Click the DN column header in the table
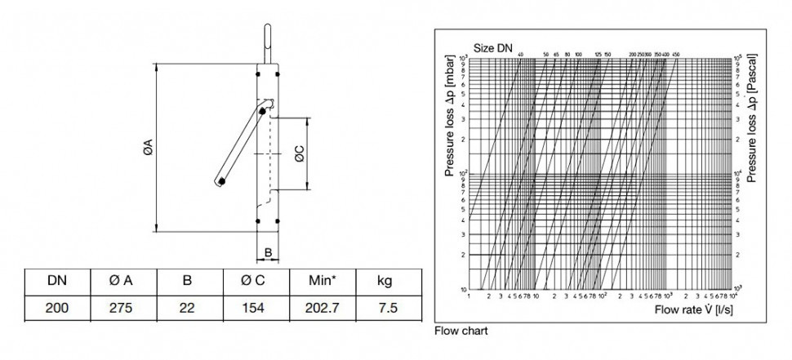pyautogui.click(x=57, y=281)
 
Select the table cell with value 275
pyautogui.click(x=122, y=308)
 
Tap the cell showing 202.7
pyautogui.click(x=321, y=308)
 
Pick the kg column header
pyautogui.click(x=385, y=281)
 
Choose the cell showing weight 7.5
pyautogui.click(x=385, y=308)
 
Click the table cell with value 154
pyautogui.click(x=254, y=308)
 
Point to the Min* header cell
pyautogui.click(x=321, y=281)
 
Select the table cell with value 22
pyautogui.click(x=187, y=308)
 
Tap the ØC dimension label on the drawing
pyautogui.click(x=300, y=154)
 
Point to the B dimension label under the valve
pyautogui.click(x=268, y=254)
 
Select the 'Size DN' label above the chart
pyautogui.click(x=493, y=48)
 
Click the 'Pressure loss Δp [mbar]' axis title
pyautogui.click(x=449, y=122)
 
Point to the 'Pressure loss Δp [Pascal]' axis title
pyautogui.click(x=751, y=122)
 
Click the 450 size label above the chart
pyautogui.click(x=675, y=54)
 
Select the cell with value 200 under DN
pyautogui.click(x=57, y=308)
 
